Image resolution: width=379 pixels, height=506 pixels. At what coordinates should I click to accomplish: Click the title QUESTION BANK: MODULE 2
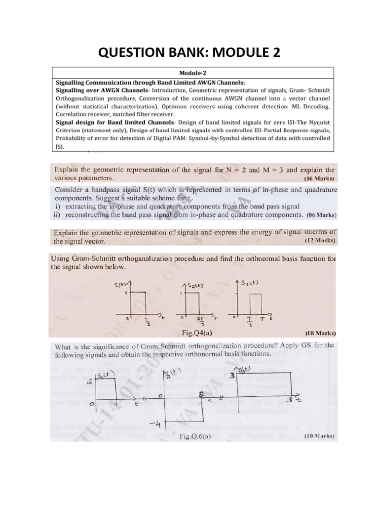tap(189, 51)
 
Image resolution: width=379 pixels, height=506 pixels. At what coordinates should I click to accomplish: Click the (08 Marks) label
tap(318, 333)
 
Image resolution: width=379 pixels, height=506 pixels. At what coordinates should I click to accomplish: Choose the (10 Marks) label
tap(317, 436)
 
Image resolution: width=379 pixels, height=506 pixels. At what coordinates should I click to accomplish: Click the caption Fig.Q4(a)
tap(196, 333)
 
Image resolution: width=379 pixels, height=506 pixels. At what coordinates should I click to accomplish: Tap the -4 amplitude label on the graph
tap(153, 424)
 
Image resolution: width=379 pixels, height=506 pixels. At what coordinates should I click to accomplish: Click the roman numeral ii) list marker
tap(58, 215)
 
